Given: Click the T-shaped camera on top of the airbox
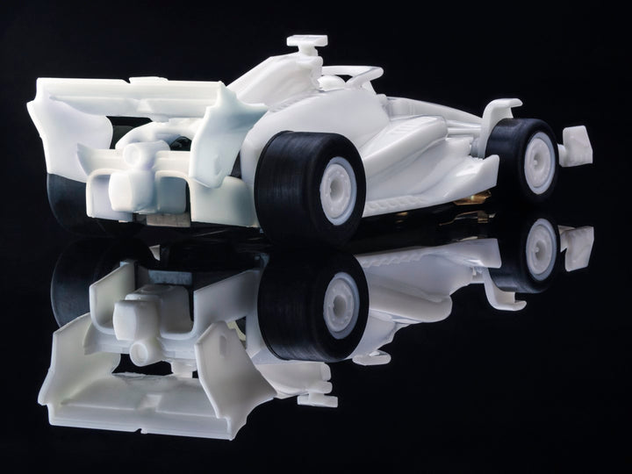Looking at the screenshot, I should (306, 42).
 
